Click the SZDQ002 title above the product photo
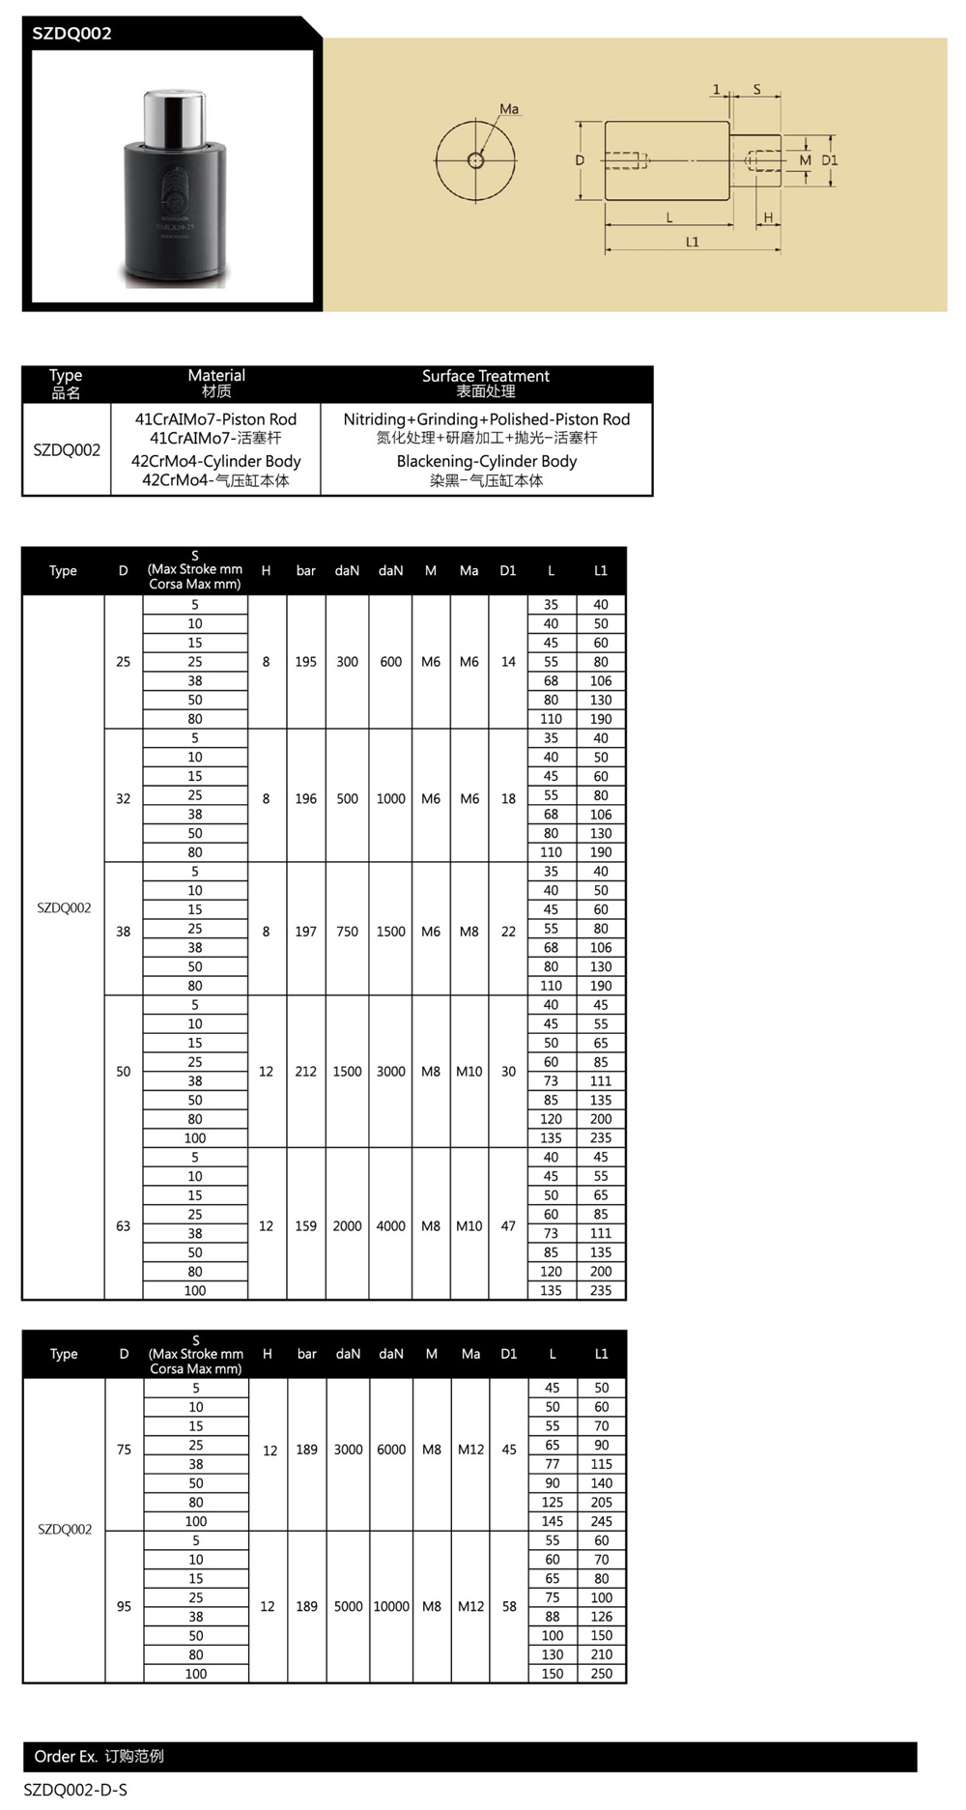[x=72, y=34]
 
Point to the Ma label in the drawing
[x=509, y=109]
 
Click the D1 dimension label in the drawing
[x=830, y=160]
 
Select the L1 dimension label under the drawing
[x=692, y=242]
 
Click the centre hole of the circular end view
[x=475, y=160]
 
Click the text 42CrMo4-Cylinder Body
[x=215, y=461]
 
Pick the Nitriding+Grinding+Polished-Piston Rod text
[x=486, y=419]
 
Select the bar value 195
[x=305, y=662]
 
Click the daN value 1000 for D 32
[x=390, y=799]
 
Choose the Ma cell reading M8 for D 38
[x=469, y=932]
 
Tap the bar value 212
[x=305, y=1072]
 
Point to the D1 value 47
[x=508, y=1226]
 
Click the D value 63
[x=123, y=1226]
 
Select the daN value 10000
[x=391, y=1606]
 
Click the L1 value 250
[x=601, y=1673]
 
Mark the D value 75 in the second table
[x=124, y=1450]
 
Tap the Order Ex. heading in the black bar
[x=99, y=1756]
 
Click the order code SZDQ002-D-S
[x=75, y=1790]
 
